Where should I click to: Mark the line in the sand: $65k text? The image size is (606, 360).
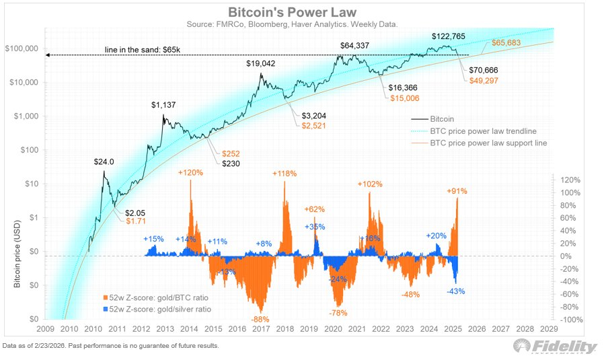[x=143, y=50]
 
